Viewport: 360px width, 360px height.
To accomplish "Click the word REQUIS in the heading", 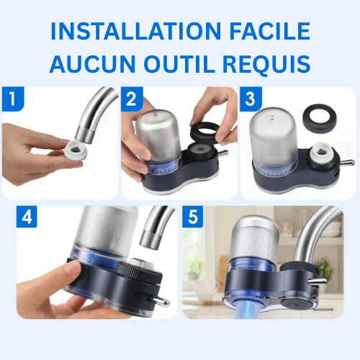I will pos(267,64).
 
